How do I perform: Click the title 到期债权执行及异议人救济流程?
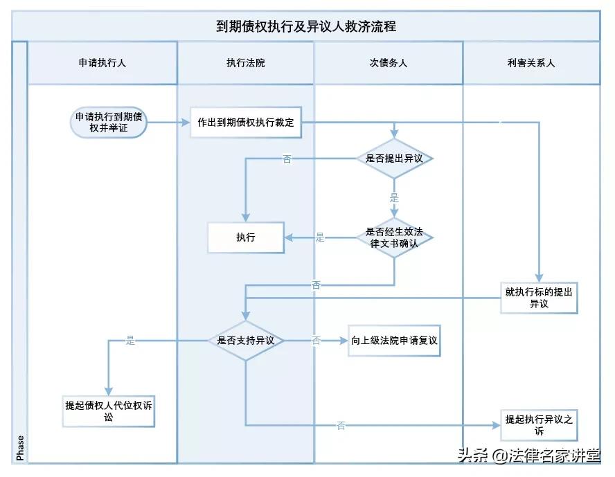coord(305,26)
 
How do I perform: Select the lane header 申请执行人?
coord(102,63)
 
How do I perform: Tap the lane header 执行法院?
coord(246,63)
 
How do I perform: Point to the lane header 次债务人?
coord(389,63)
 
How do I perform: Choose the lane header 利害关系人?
coord(531,63)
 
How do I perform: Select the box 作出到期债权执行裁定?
coord(246,123)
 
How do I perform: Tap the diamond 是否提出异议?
coord(395,159)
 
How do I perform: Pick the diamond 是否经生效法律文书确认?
coord(395,237)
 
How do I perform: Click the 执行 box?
coord(246,237)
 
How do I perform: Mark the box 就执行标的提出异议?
coord(539,298)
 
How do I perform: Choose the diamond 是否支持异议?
coord(246,341)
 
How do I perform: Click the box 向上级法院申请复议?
coord(394,341)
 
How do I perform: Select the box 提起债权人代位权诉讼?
coord(109,412)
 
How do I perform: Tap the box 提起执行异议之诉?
coord(539,425)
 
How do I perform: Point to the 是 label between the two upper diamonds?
coord(395,199)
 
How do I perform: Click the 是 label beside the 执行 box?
coord(320,237)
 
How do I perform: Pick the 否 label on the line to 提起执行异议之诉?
coord(341,426)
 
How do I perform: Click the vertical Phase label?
coord(20,448)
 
